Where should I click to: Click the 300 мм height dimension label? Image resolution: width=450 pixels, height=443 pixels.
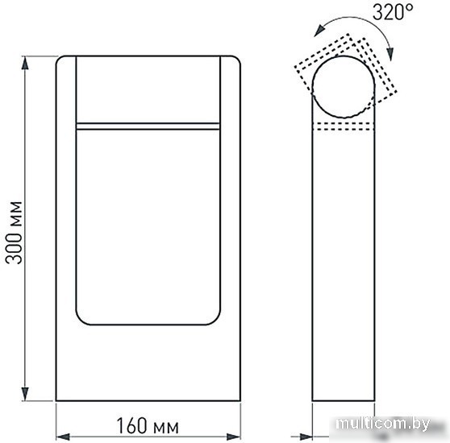point(14,233)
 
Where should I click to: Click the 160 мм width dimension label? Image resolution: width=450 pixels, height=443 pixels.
point(148,426)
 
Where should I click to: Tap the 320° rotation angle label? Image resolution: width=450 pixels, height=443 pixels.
point(393,12)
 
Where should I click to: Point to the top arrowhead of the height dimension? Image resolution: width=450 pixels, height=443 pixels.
point(25,63)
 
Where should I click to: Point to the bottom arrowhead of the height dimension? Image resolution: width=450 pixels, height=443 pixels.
point(25,393)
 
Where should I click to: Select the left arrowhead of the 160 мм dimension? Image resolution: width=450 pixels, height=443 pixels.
point(63,437)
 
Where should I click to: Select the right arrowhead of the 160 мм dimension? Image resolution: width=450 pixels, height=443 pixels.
point(233,437)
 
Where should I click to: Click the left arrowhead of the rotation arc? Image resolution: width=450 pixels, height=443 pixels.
point(319,31)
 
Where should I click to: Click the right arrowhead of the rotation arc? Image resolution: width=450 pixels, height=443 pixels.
point(390,54)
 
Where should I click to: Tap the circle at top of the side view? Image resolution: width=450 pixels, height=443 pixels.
point(344,56)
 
